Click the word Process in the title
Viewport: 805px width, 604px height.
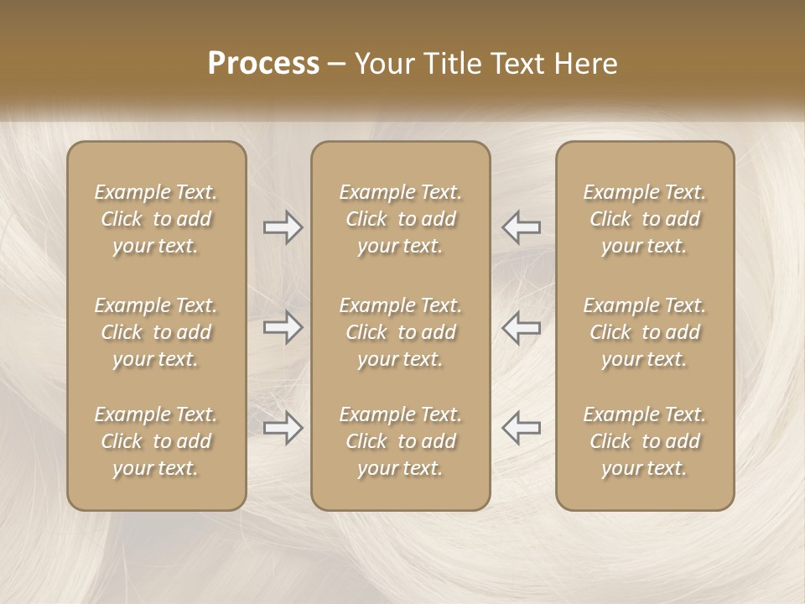coord(263,64)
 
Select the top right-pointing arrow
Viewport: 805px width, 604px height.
coord(283,226)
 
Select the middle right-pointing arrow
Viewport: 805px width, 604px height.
coord(283,327)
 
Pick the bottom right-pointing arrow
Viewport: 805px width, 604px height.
coord(283,428)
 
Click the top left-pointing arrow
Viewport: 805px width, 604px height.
coord(522,226)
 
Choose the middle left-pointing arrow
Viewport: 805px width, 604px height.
coord(522,327)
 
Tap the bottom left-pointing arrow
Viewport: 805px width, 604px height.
coord(522,428)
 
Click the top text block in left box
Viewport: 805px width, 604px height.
coord(156,219)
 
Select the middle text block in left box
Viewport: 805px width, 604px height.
coord(156,332)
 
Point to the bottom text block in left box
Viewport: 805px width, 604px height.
coord(156,441)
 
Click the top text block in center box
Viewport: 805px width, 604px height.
coord(401,219)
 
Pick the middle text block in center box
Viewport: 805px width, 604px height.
coord(401,332)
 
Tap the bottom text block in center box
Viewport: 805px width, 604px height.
coord(401,441)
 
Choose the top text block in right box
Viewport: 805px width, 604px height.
coord(645,219)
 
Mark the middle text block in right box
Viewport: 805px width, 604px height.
coord(645,332)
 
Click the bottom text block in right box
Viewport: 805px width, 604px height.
coord(645,441)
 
